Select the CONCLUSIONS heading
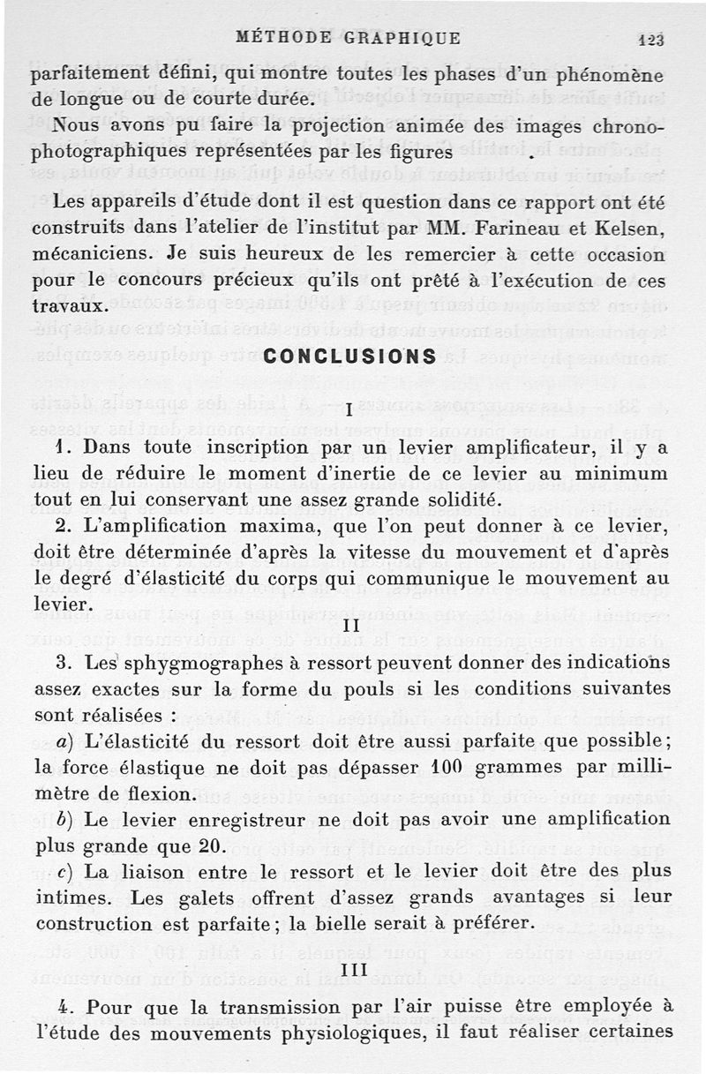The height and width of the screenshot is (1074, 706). point(349,357)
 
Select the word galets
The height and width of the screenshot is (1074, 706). point(195,898)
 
